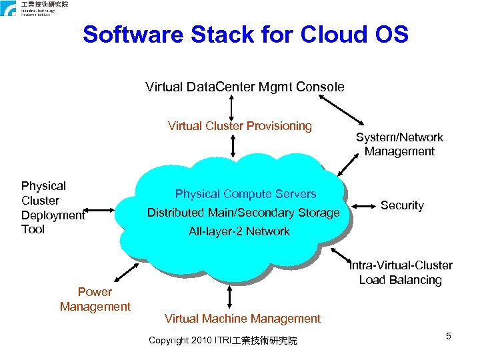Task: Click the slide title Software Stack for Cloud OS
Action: coord(245,35)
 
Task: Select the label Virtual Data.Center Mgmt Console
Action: coord(245,87)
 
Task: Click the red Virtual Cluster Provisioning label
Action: coord(239,126)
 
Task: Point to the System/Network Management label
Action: coord(399,144)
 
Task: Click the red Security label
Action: coord(401,205)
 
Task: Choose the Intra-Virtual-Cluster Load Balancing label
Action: coord(401,273)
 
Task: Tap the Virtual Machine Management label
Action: coord(242,319)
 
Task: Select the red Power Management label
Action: coord(95,299)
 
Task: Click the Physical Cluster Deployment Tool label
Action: coord(53,207)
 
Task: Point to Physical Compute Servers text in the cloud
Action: coord(245,194)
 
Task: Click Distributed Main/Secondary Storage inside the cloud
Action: coord(243,213)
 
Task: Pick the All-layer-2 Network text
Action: coord(239,231)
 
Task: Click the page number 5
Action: coord(449,336)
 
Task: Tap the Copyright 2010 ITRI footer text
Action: coord(223,341)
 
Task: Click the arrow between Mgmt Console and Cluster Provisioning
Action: coord(231,106)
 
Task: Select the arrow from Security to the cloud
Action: coord(361,205)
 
